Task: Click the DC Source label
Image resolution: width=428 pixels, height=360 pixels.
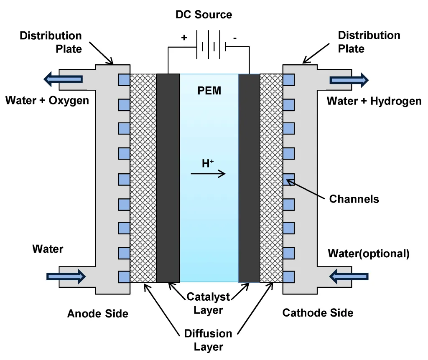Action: [204, 15]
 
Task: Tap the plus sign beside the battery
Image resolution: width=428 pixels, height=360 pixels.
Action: [184, 38]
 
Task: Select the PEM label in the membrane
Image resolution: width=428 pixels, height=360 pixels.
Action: [209, 91]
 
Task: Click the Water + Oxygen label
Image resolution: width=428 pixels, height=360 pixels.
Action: [47, 101]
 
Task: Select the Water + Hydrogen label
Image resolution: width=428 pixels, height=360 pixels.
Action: [374, 101]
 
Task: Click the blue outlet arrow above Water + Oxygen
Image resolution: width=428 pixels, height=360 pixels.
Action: [63, 79]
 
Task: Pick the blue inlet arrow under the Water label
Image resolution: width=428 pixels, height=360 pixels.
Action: [66, 276]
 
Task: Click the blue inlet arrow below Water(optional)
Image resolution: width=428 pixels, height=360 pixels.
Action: [349, 276]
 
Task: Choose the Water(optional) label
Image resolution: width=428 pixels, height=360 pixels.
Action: [368, 254]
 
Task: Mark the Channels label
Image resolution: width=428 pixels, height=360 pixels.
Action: [354, 199]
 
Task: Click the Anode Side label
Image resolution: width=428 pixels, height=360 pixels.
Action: [98, 313]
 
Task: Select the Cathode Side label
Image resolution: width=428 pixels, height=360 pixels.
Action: [318, 313]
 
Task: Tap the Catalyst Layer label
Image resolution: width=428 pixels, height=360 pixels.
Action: [208, 303]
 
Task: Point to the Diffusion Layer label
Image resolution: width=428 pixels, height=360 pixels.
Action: [208, 340]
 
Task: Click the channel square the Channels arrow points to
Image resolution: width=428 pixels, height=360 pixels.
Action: [289, 180]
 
